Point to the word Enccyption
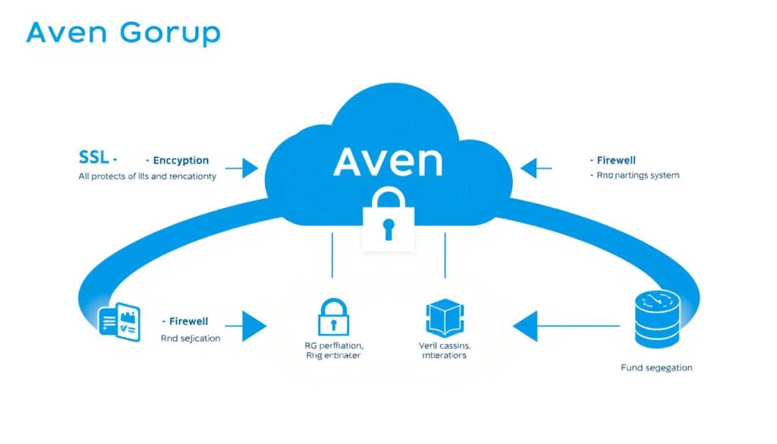[x=180, y=161]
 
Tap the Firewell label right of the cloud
[x=615, y=161]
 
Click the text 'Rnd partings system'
[x=634, y=175]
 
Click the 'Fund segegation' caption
[x=656, y=368]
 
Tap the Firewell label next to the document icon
[x=187, y=322]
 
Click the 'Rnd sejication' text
[x=190, y=338]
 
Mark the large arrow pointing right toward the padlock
[x=244, y=326]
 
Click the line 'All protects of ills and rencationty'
[x=147, y=176]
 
